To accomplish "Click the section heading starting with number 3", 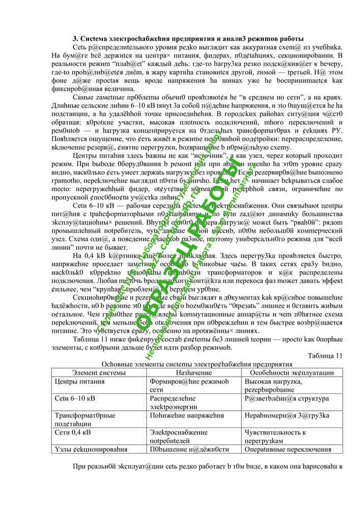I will click(x=188, y=39).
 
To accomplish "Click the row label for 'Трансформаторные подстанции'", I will click(x=85, y=419).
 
